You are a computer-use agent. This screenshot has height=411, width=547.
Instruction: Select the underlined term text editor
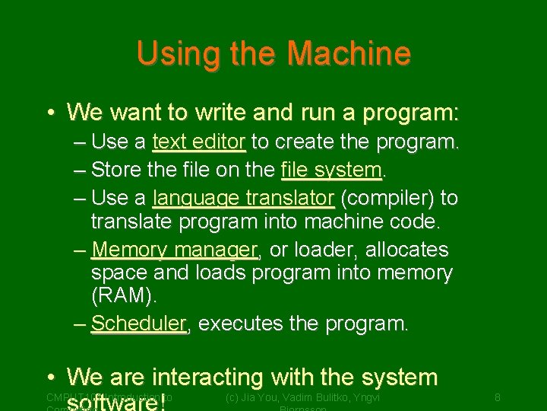tap(199, 142)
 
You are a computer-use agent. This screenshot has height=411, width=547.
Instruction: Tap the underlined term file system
tap(330, 168)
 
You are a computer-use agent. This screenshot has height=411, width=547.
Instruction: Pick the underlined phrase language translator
tap(243, 199)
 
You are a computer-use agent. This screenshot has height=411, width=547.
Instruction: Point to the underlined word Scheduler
tap(139, 323)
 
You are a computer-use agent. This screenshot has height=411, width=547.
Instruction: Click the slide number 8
tap(497, 397)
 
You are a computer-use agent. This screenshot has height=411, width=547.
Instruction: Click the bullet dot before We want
tap(49, 113)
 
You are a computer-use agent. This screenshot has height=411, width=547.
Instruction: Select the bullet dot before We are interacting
tap(49, 378)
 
